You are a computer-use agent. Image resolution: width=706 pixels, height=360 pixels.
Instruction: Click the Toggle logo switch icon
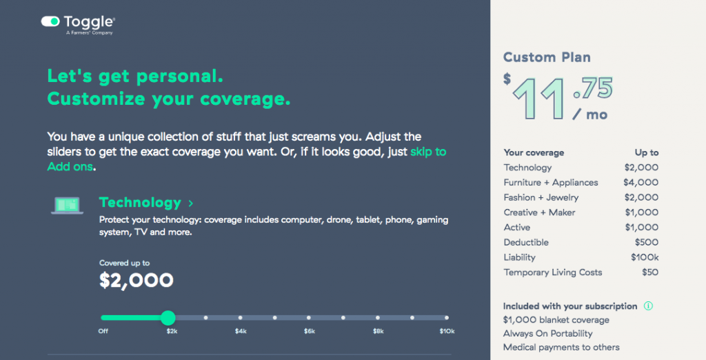(51, 22)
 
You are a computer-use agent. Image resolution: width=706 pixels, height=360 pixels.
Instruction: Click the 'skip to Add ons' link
(428, 152)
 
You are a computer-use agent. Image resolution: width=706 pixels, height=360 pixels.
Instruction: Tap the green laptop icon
(67, 205)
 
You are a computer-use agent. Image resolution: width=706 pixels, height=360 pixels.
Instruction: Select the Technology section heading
(140, 203)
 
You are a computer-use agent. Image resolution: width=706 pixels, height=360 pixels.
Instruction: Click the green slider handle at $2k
(168, 318)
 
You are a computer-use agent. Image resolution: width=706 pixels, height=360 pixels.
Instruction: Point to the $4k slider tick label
(240, 332)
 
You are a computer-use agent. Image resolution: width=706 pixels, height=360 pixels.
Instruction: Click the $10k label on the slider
(446, 332)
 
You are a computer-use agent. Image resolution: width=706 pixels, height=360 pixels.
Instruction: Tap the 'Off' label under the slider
(103, 332)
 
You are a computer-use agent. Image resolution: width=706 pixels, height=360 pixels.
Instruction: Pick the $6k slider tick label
(309, 332)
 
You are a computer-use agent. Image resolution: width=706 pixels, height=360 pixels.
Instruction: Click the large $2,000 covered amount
(137, 280)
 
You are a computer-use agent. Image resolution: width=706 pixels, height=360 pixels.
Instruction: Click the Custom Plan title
(547, 57)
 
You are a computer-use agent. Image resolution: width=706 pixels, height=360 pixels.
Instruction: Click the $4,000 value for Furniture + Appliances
(641, 183)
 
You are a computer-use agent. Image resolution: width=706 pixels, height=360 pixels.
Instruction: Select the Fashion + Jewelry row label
(541, 198)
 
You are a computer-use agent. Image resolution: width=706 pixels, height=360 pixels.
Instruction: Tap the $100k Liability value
(644, 257)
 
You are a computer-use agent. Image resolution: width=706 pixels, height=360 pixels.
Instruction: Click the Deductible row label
(526, 243)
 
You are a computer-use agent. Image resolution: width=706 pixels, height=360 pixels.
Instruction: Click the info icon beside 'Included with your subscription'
(648, 306)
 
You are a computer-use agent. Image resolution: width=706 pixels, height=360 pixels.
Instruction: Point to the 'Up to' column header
(646, 152)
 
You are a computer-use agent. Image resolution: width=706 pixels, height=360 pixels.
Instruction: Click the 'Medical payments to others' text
(561, 348)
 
